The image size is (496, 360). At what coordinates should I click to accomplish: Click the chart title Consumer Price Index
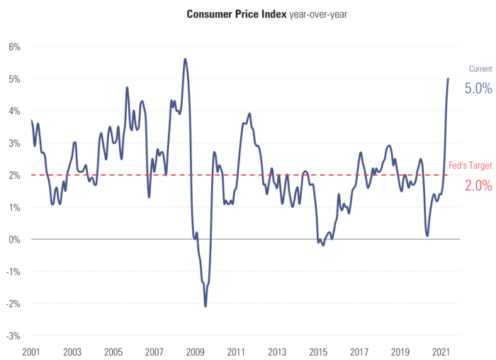click(x=237, y=14)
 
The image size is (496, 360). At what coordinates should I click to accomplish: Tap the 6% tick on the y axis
click(x=14, y=47)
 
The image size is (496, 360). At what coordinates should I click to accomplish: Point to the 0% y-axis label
click(x=14, y=240)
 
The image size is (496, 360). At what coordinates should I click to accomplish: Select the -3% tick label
click(x=13, y=336)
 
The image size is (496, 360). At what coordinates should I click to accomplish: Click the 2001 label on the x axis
click(x=31, y=351)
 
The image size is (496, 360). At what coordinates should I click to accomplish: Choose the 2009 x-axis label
click(x=196, y=351)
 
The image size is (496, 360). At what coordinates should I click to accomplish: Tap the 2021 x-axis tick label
click(x=441, y=351)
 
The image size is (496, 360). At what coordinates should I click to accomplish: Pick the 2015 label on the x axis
click(x=318, y=351)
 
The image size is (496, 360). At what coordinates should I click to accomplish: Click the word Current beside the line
click(x=480, y=69)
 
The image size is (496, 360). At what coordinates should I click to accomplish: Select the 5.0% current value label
click(x=478, y=89)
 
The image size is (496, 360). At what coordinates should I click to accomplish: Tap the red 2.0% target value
click(x=478, y=186)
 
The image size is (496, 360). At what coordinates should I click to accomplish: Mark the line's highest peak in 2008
click(x=185, y=59)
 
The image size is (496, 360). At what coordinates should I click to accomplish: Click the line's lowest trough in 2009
click(x=205, y=306)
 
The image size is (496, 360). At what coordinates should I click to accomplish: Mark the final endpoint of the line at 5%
click(x=448, y=79)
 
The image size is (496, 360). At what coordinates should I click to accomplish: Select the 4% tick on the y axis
click(x=14, y=111)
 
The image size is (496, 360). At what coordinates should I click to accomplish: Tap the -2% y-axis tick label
click(x=13, y=303)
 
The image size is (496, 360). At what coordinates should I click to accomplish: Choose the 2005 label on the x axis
click(x=113, y=351)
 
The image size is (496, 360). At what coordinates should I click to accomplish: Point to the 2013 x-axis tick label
click(x=277, y=351)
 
